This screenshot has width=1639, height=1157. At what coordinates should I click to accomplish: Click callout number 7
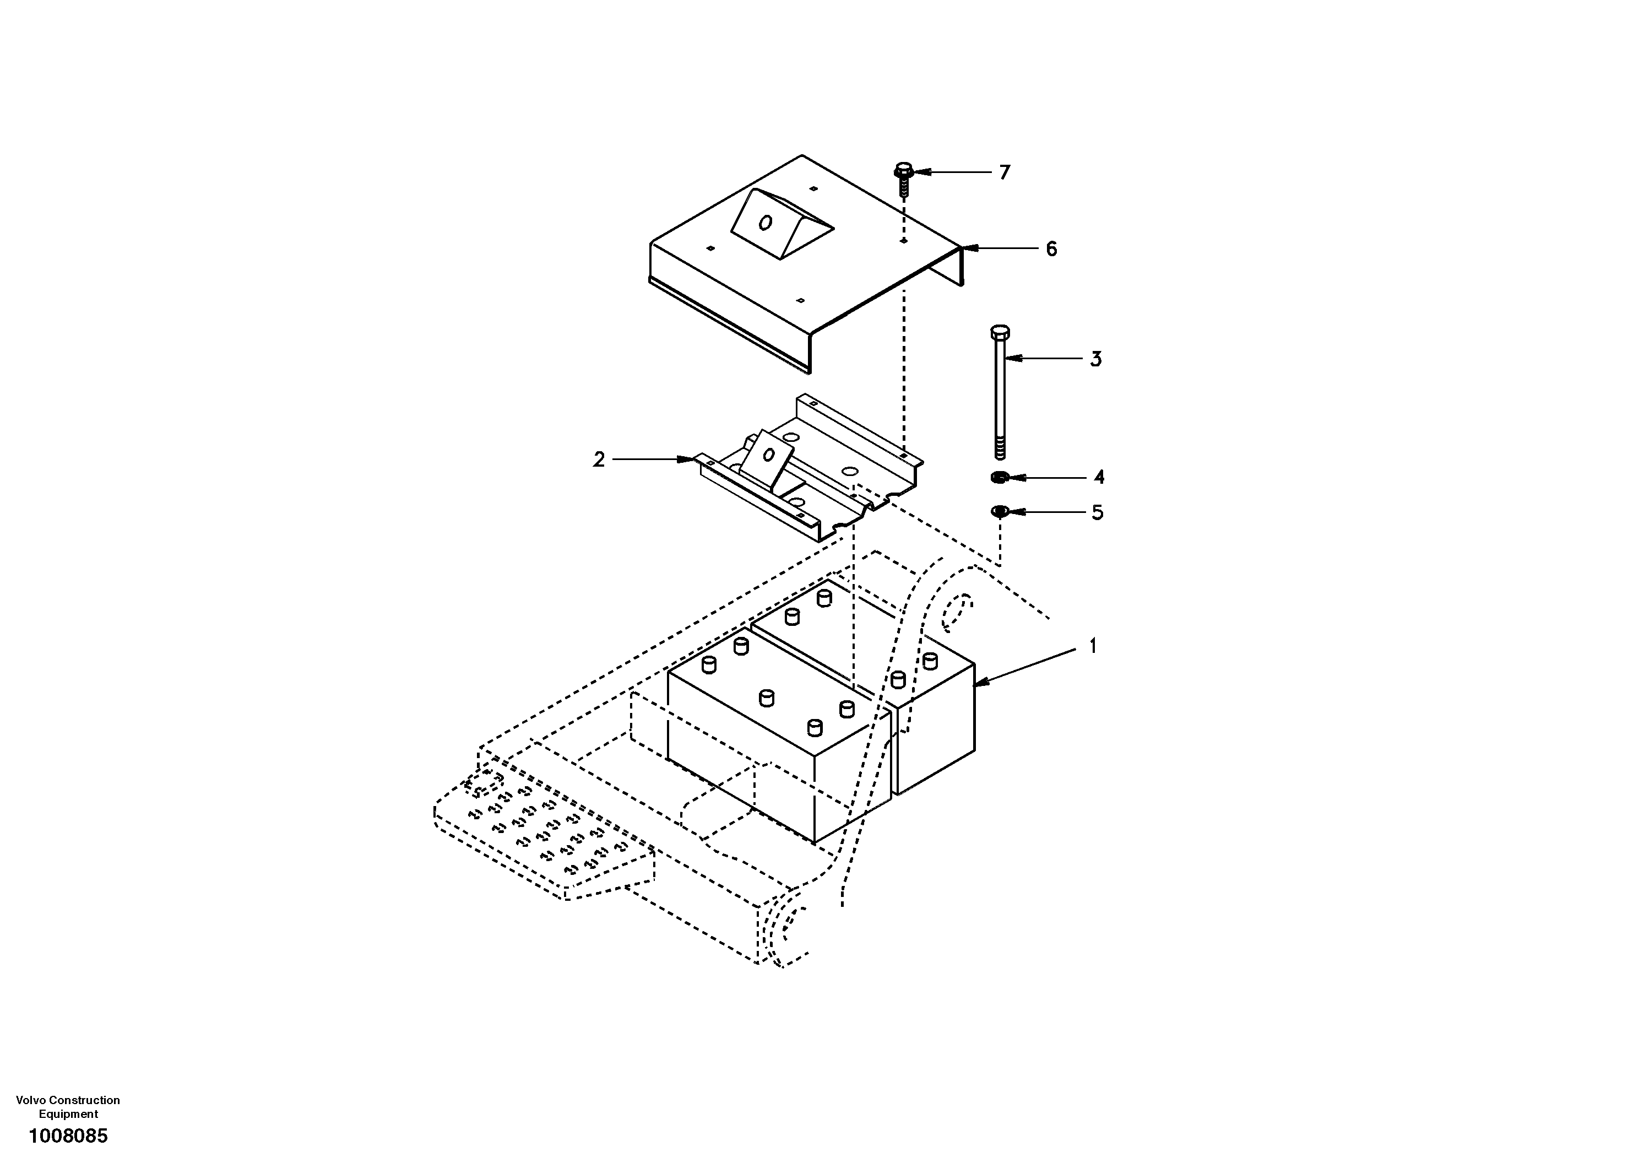point(1005,173)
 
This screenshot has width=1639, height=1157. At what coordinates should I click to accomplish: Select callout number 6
point(1051,249)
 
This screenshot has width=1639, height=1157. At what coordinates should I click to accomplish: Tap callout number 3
point(1096,359)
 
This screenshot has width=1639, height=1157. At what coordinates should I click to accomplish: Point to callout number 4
point(1099,477)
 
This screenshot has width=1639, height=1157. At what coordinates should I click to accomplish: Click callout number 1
point(1092,646)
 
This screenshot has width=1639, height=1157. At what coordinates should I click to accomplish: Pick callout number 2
point(599,460)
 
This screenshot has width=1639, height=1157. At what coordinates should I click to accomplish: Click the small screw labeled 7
point(904,179)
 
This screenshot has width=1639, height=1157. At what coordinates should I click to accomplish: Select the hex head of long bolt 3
point(1000,333)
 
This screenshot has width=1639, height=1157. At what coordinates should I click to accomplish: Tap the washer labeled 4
point(1000,477)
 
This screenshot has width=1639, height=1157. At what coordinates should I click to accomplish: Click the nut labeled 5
point(1000,511)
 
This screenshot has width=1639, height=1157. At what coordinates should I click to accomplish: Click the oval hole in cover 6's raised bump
point(764,224)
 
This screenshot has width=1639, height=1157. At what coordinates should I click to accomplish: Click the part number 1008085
point(68,1136)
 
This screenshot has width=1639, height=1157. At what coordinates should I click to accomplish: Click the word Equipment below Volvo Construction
point(68,1114)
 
